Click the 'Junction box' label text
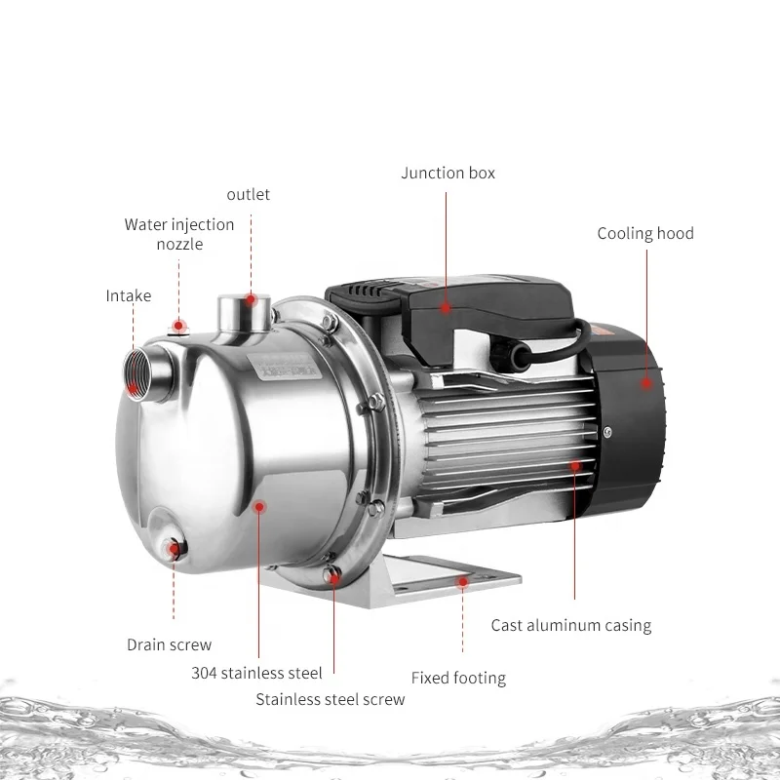(x=448, y=173)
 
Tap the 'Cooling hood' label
(x=645, y=233)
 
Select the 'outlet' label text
(x=248, y=194)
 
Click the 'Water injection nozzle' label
(x=179, y=234)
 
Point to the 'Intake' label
(x=129, y=295)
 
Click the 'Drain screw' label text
(x=169, y=644)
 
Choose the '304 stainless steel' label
(x=257, y=672)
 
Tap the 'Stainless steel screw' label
(x=330, y=699)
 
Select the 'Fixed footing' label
(x=458, y=678)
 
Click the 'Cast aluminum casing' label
(x=570, y=625)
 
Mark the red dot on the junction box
(x=447, y=307)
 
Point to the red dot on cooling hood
(x=645, y=384)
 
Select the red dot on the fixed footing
(x=462, y=582)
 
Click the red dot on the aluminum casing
(x=575, y=466)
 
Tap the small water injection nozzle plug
(x=178, y=326)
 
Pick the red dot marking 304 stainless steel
(x=259, y=505)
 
